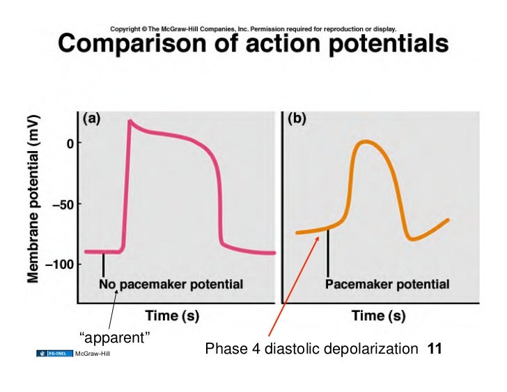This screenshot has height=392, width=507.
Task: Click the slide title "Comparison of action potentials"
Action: (253, 45)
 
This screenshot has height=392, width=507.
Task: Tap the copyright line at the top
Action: (253, 29)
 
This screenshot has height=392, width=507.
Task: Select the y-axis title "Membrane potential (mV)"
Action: (33, 198)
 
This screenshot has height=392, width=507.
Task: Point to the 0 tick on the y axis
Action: (70, 143)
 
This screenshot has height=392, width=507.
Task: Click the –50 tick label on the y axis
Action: (63, 205)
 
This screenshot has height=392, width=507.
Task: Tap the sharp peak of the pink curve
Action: (130, 120)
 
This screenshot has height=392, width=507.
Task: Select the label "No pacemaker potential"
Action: (171, 284)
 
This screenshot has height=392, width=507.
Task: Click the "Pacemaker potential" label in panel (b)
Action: (387, 284)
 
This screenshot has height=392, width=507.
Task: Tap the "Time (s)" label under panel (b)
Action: (378, 315)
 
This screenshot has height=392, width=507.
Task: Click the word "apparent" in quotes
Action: (116, 338)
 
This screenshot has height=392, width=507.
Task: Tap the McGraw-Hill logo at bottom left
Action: (73, 354)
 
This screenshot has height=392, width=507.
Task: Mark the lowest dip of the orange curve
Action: (413, 239)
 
